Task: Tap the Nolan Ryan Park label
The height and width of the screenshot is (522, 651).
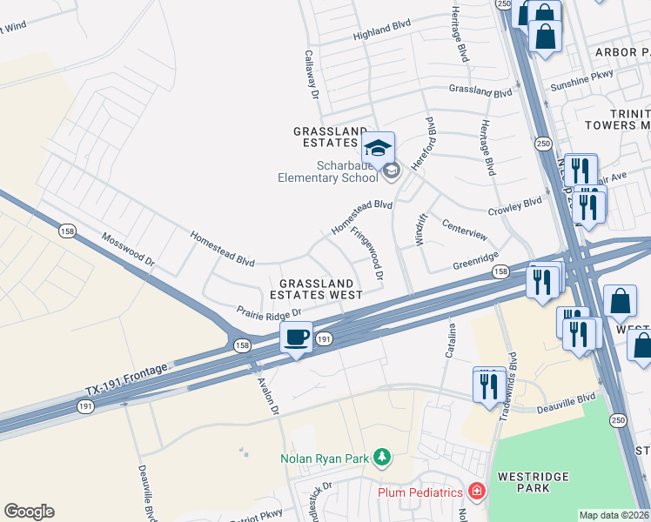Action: coord(325,458)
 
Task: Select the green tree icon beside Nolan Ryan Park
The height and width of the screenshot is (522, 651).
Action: coord(380,457)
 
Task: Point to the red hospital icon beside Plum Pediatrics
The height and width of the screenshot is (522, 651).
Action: coord(476,492)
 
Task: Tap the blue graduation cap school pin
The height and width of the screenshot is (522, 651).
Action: coord(379,148)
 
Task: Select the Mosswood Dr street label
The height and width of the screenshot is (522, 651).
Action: coord(128,249)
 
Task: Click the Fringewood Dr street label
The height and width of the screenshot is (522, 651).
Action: coord(367,253)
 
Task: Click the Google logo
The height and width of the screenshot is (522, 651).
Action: coord(29,511)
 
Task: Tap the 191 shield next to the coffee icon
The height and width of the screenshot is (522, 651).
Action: coord(323,338)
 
